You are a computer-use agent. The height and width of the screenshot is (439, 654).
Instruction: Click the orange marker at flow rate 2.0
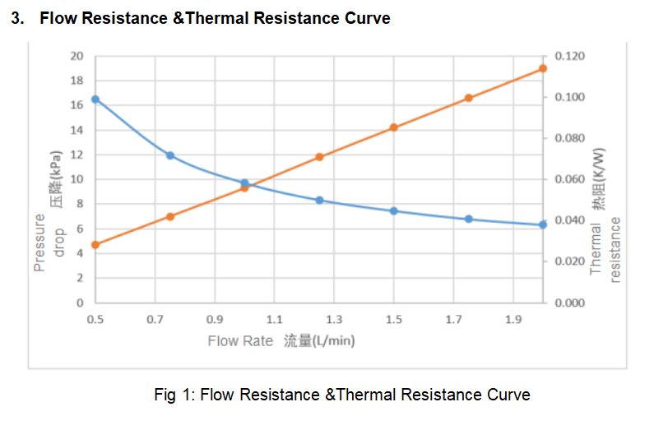click(543, 68)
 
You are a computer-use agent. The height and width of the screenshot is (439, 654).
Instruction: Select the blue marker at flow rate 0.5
click(95, 99)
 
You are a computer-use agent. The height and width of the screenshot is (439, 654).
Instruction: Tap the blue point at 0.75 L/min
click(170, 155)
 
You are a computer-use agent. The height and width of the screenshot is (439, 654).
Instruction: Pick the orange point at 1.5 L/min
click(394, 127)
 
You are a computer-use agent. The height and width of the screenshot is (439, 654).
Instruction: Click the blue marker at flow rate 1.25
click(319, 200)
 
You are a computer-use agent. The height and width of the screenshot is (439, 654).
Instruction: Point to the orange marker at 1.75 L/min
click(469, 98)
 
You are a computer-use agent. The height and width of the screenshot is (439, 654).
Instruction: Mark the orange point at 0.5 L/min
click(95, 245)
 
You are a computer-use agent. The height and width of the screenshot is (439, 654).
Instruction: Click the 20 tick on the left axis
click(77, 56)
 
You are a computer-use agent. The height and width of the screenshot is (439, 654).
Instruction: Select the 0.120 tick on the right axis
click(570, 56)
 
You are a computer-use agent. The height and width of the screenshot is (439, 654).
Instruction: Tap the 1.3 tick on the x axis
click(334, 319)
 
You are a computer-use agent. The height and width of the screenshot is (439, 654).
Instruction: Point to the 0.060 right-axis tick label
click(570, 179)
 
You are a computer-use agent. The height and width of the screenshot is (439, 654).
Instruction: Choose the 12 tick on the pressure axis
click(77, 155)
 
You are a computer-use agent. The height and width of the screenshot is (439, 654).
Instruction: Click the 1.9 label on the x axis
click(513, 319)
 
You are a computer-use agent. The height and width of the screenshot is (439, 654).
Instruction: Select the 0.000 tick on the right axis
click(570, 303)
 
